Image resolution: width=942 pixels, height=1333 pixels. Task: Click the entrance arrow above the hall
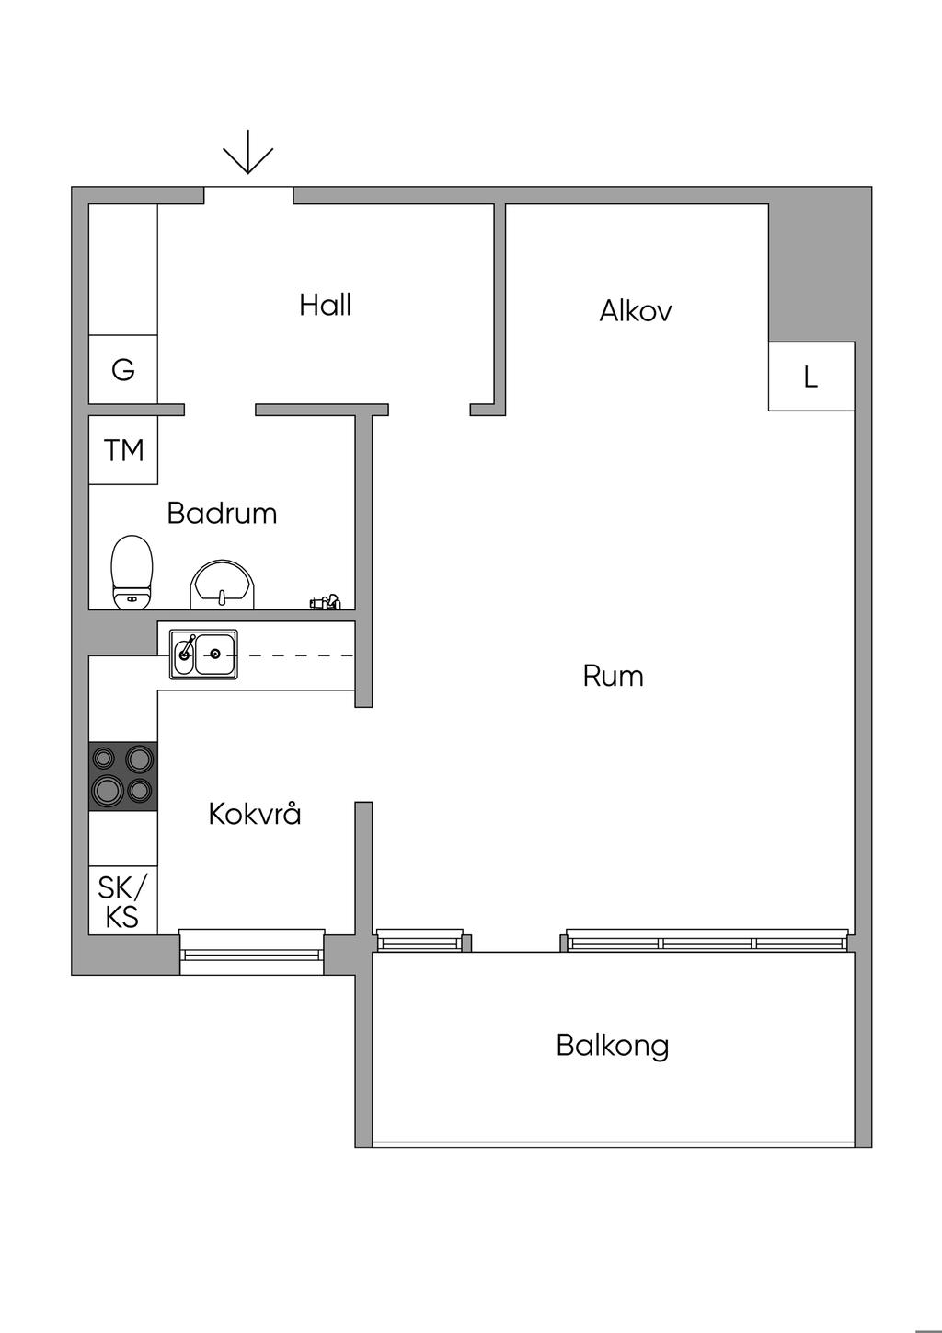[x=248, y=152]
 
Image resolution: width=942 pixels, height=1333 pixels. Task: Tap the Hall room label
[x=326, y=305]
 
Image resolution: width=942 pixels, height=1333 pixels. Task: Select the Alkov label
[x=635, y=310]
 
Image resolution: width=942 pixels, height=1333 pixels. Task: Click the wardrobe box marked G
[x=123, y=369]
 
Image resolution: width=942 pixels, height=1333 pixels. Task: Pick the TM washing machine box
[x=123, y=450]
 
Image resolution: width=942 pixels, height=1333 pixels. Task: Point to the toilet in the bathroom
[x=132, y=573]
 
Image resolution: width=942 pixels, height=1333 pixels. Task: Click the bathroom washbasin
[x=223, y=585]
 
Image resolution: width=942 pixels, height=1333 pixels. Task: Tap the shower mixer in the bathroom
[x=326, y=602]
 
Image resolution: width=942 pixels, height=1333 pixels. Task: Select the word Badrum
[x=222, y=513]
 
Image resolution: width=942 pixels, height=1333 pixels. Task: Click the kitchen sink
[x=203, y=655]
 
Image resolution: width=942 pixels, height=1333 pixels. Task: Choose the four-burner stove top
[x=123, y=776]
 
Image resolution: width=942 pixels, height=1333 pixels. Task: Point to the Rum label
[x=614, y=676]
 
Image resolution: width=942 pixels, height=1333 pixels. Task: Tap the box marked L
[x=811, y=377]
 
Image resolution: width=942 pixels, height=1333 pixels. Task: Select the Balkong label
[x=613, y=1046]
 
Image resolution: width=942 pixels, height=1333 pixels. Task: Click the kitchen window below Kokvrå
[x=251, y=952]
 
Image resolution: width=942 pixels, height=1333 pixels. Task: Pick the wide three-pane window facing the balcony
[x=707, y=940]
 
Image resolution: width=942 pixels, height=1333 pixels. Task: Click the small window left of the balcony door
[x=419, y=940]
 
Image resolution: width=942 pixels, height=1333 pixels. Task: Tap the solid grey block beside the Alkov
[x=820, y=265]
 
